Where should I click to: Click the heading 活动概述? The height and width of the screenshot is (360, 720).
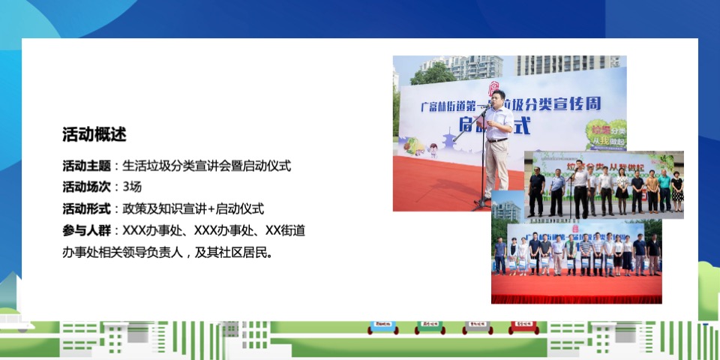[94, 135]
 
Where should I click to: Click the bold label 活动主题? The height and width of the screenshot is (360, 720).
[86, 166]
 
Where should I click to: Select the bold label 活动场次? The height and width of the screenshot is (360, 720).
[86, 187]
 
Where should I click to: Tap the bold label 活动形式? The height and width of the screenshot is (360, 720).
[86, 208]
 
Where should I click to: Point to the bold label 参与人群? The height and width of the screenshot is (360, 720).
[86, 230]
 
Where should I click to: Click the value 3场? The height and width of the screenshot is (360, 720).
[132, 187]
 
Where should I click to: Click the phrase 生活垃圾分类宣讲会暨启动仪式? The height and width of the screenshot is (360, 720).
[206, 166]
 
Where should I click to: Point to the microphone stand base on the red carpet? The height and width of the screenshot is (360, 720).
[481, 205]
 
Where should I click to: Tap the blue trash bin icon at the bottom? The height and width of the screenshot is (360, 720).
[382, 327]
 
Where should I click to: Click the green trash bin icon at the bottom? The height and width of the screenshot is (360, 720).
[430, 327]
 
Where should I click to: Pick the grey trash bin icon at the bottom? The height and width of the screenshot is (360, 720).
[478, 327]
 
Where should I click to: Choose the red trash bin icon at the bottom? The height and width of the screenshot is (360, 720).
[526, 327]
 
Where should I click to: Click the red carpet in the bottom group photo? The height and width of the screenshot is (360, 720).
[576, 289]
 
